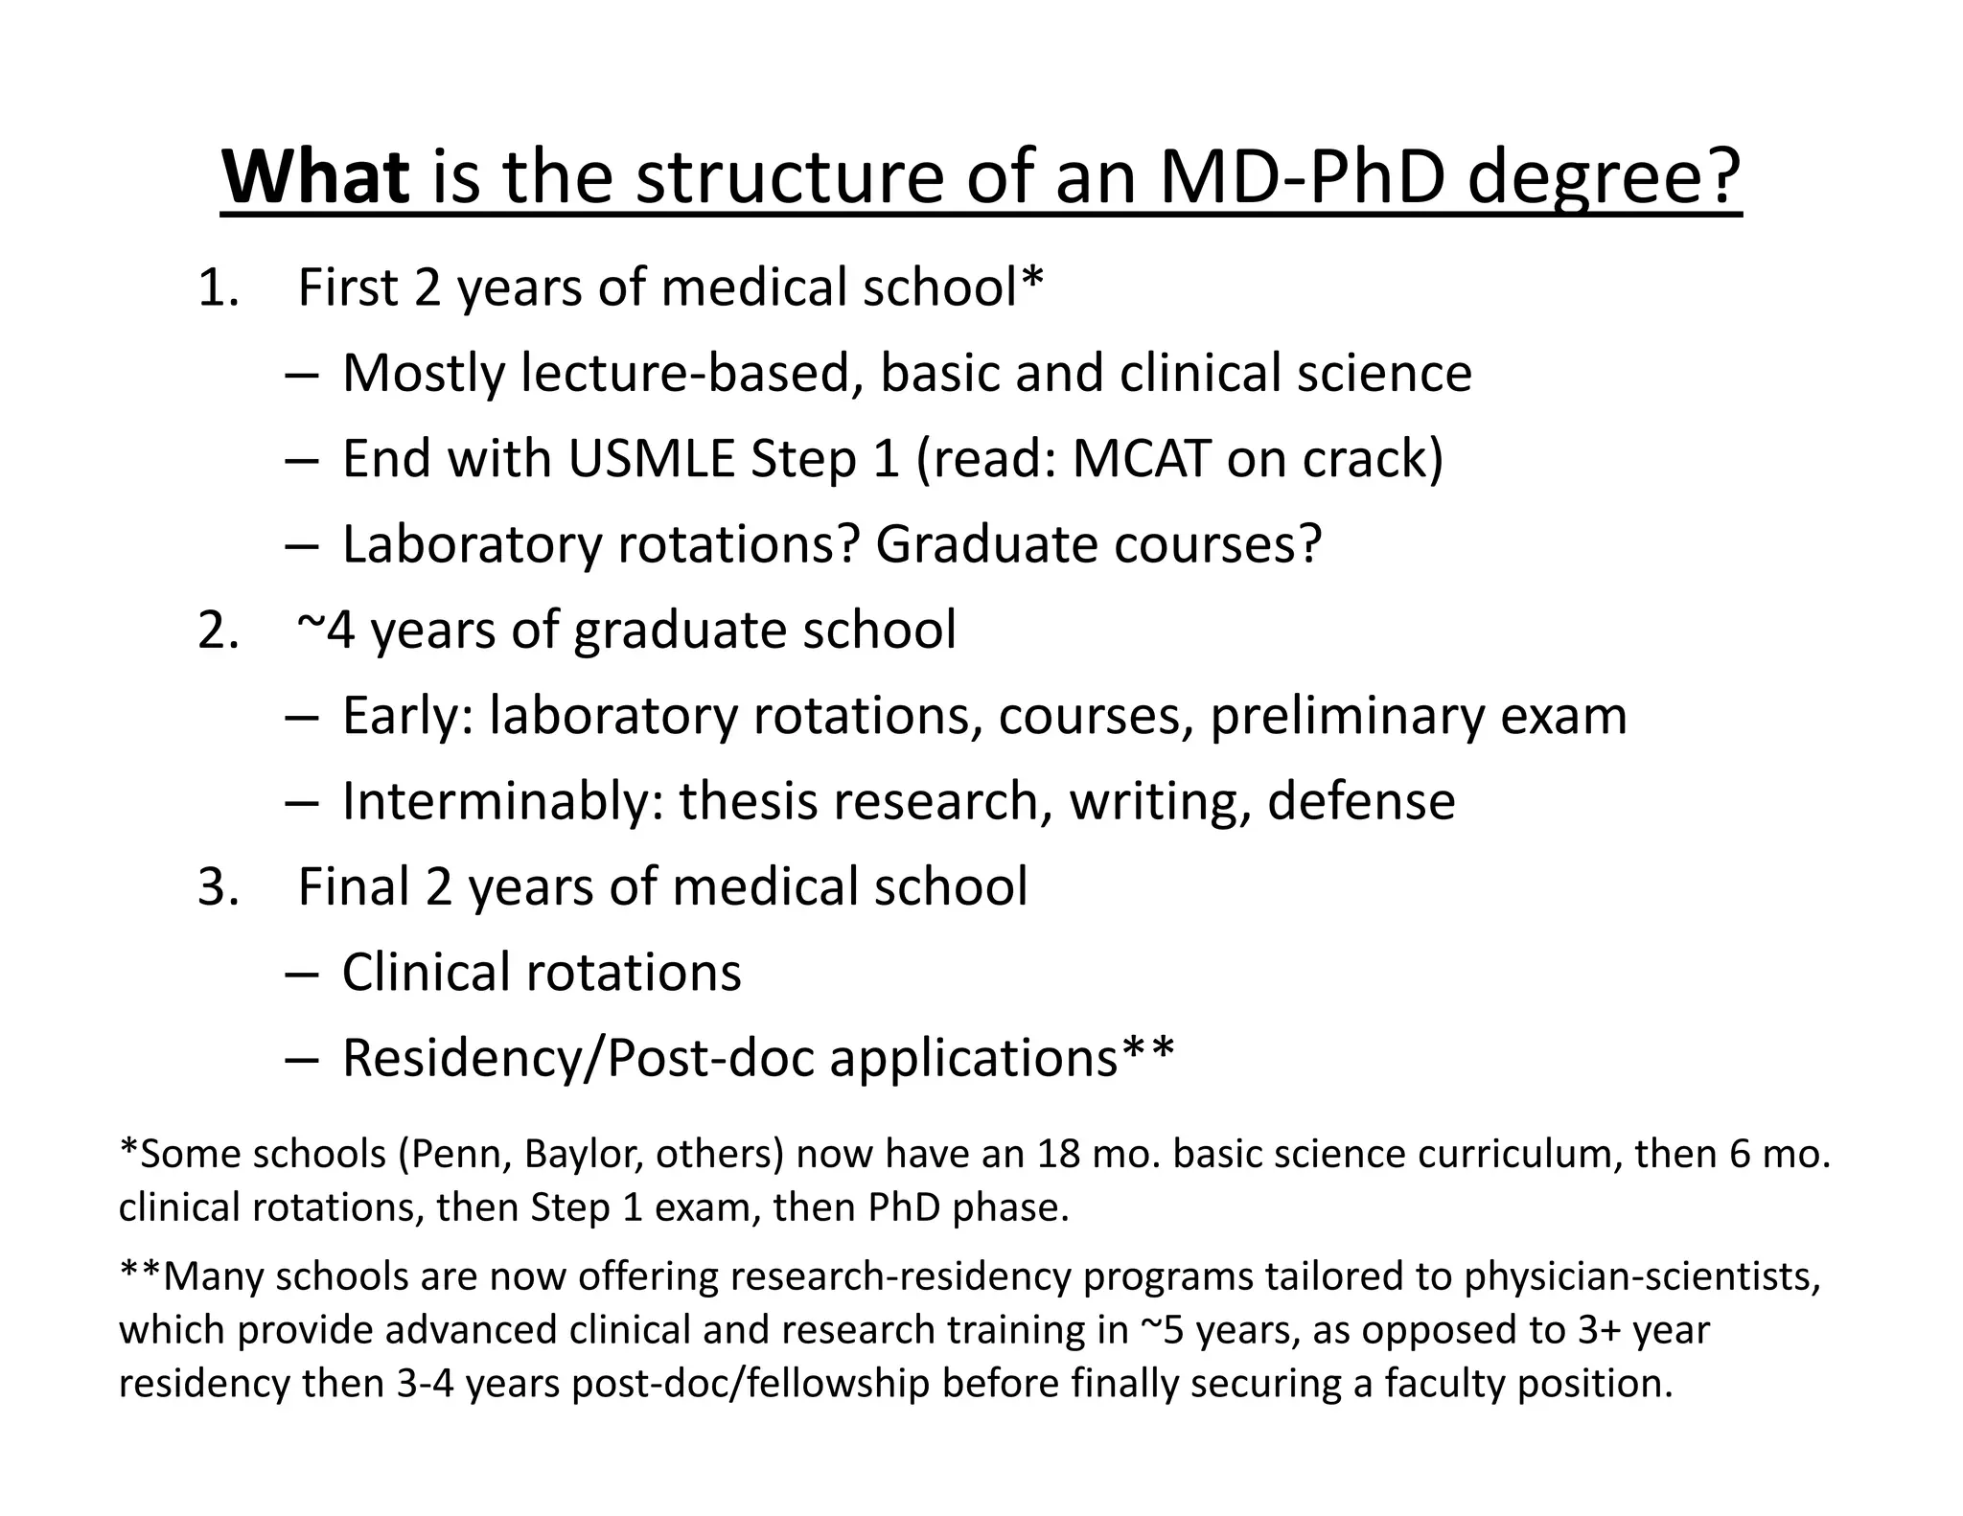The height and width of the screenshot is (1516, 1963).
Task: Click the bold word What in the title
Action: click(x=315, y=177)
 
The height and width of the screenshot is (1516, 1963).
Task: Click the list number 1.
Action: click(x=216, y=287)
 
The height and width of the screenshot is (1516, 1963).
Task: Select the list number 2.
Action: click(x=217, y=631)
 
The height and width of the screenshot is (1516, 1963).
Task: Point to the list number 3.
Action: click(x=217, y=886)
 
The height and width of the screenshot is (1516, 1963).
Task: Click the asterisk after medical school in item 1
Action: click(x=1032, y=279)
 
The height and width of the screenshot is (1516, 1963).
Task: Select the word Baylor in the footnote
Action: click(x=583, y=1154)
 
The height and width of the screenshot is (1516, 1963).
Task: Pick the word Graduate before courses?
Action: click(x=986, y=544)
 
